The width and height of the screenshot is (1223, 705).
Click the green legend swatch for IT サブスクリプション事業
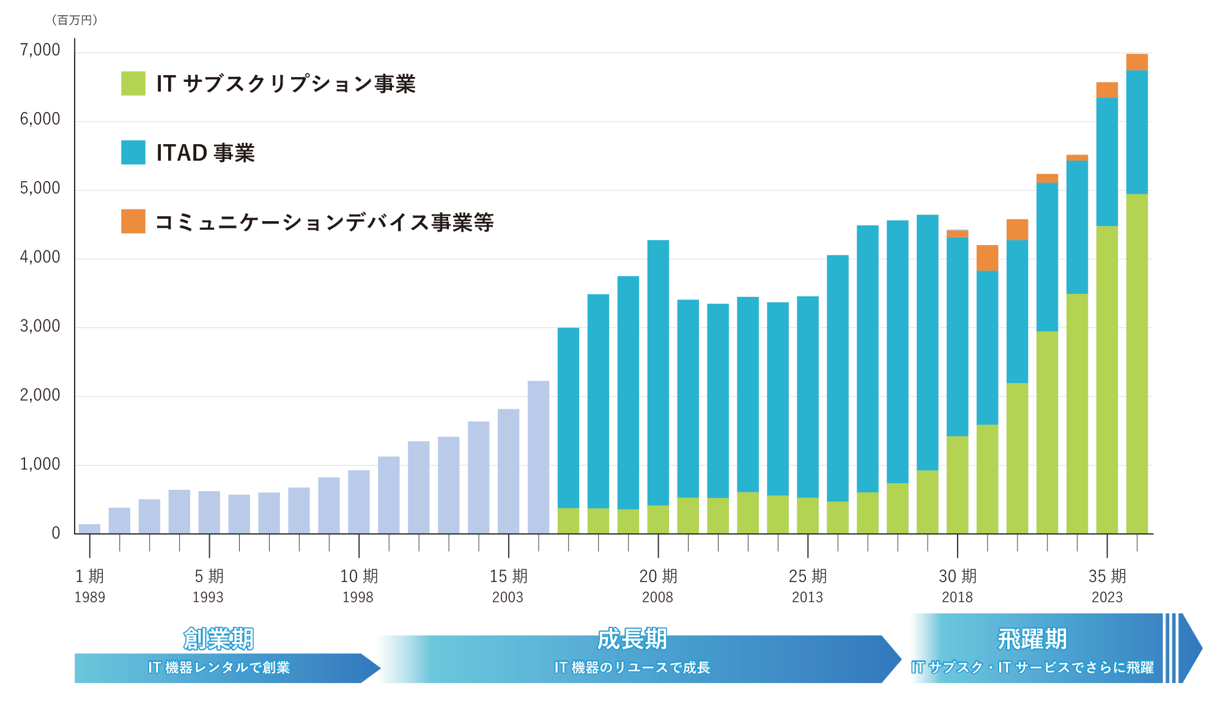pyautogui.click(x=133, y=83)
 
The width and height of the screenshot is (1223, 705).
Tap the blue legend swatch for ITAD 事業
pyautogui.click(x=133, y=152)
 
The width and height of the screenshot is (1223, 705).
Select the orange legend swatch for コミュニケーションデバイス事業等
pyautogui.click(x=133, y=221)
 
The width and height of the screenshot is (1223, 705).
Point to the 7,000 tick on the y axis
pyautogui.click(x=40, y=50)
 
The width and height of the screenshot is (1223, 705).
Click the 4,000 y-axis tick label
pyautogui.click(x=40, y=257)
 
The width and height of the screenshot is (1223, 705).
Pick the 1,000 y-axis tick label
pyautogui.click(x=40, y=464)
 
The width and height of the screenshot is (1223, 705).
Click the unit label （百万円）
pyautogui.click(x=75, y=20)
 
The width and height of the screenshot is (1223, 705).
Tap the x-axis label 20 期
pyautogui.click(x=659, y=576)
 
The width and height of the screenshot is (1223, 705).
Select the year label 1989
pyautogui.click(x=90, y=597)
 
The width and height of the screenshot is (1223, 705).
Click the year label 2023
pyautogui.click(x=1107, y=597)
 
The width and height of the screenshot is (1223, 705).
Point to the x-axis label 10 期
pyautogui.click(x=359, y=576)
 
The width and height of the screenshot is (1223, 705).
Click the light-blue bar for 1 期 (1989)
pyautogui.click(x=90, y=529)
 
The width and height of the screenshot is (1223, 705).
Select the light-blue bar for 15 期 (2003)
pyautogui.click(x=509, y=472)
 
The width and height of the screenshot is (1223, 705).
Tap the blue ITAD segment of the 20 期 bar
pyautogui.click(x=658, y=373)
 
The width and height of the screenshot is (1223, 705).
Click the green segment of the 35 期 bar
pyautogui.click(x=1107, y=380)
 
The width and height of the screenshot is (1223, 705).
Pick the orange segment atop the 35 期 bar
pyautogui.click(x=1107, y=90)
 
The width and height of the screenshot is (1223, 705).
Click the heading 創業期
pyautogui.click(x=218, y=639)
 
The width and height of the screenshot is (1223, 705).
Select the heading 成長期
pyautogui.click(x=632, y=639)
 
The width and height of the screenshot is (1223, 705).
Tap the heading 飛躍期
pyautogui.click(x=1032, y=639)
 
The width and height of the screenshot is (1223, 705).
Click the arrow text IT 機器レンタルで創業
pyautogui.click(x=219, y=668)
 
